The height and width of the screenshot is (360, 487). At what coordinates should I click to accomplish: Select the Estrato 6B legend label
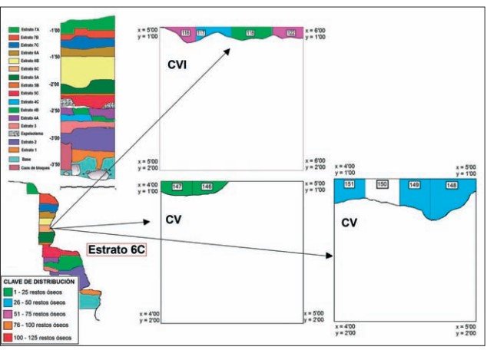[x=29, y=60]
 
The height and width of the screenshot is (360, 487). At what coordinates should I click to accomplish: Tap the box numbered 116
[x=186, y=33]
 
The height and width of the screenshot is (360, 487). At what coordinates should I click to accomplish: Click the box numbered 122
[x=291, y=33]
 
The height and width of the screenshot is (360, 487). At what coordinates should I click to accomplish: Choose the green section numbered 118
[x=250, y=33]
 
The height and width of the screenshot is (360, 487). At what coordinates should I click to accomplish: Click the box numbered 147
[x=178, y=187]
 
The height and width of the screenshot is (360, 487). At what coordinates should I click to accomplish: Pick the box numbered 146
[x=207, y=187]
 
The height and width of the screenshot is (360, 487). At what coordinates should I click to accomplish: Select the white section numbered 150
[x=383, y=184]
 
